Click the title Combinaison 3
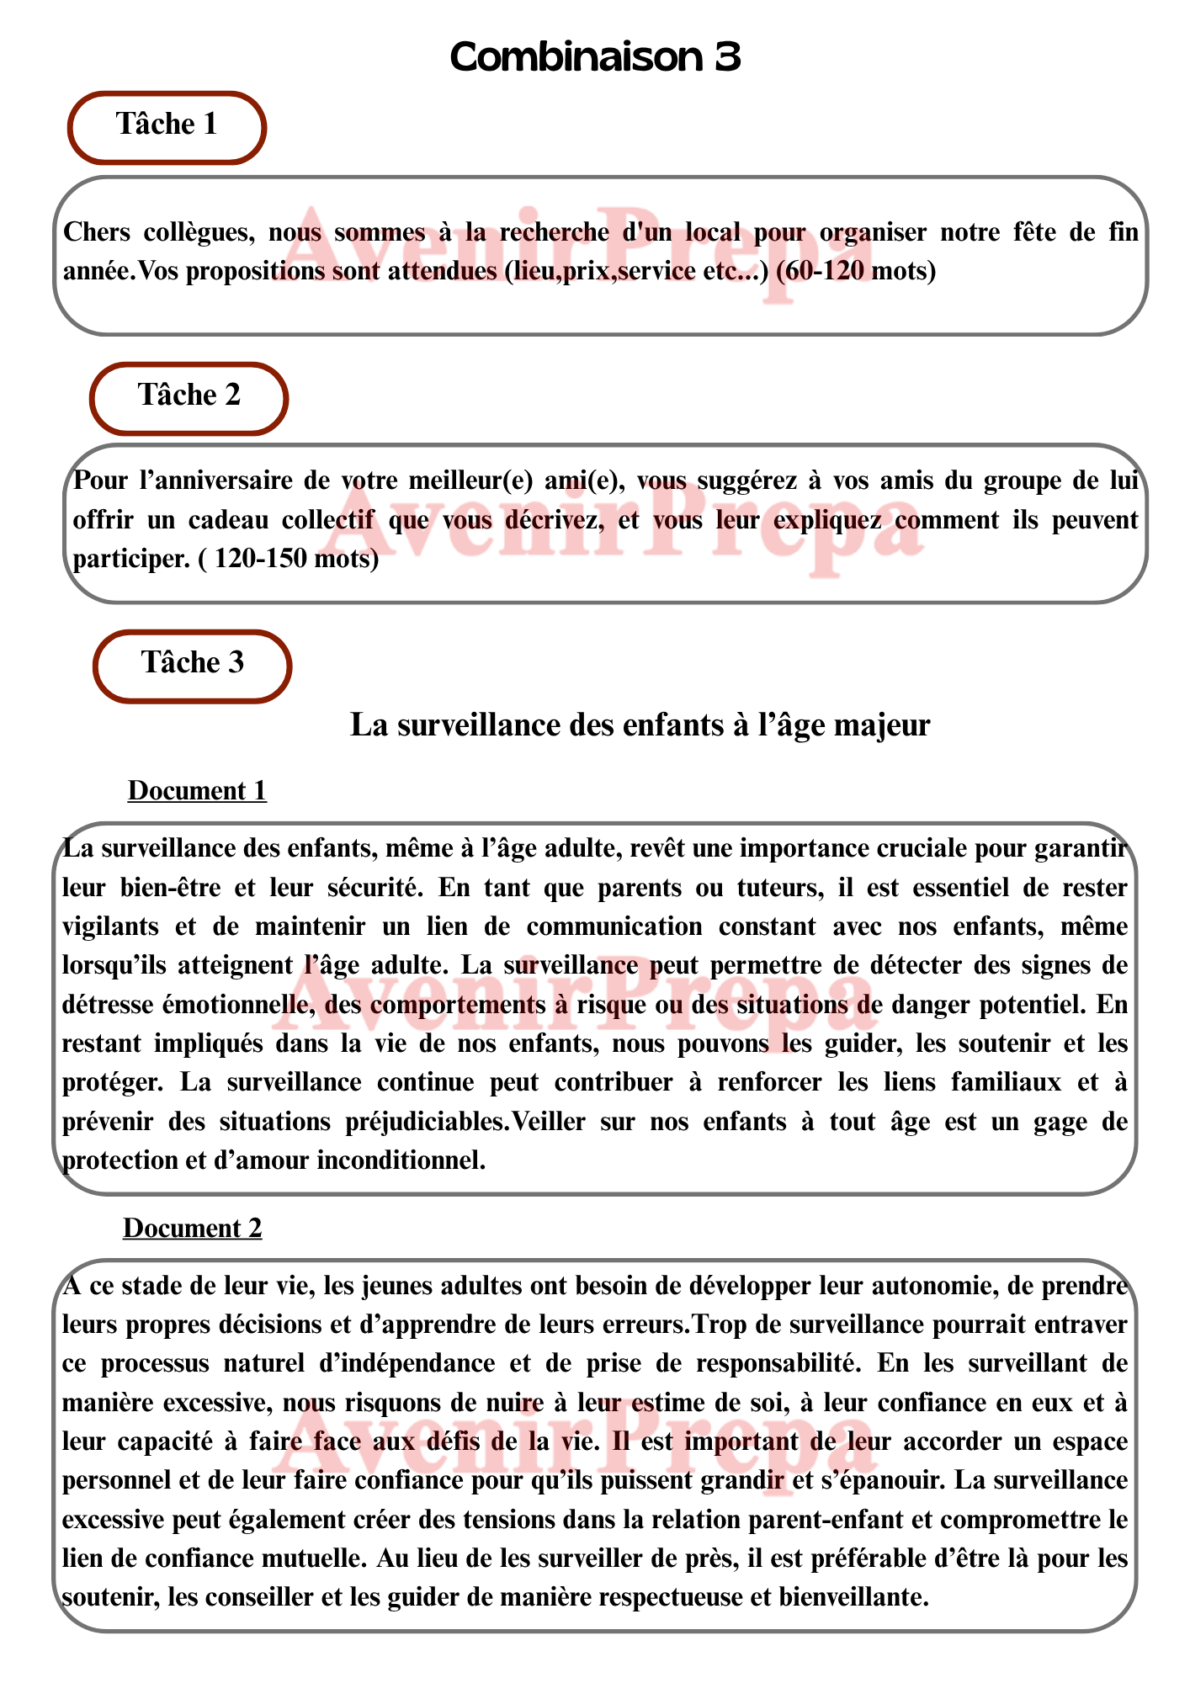click(595, 57)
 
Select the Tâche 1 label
click(167, 125)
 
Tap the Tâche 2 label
click(189, 396)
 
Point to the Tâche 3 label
click(193, 663)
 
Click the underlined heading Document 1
click(197, 791)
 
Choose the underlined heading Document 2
click(193, 1229)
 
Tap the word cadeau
click(226, 520)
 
